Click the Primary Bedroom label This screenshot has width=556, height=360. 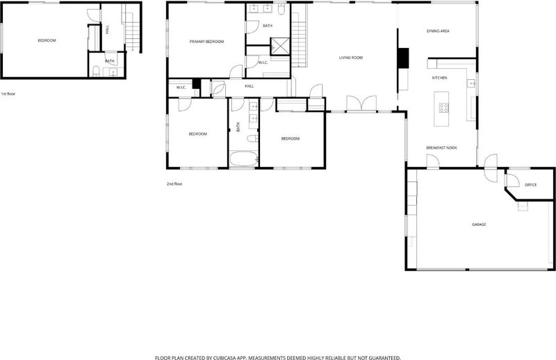[206, 42]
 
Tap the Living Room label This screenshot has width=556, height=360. [351, 58]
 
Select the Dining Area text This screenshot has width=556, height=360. [438, 31]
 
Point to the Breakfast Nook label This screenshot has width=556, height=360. [441, 147]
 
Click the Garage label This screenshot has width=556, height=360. [479, 224]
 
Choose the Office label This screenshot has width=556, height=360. [530, 185]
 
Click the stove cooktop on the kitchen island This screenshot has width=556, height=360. [443, 108]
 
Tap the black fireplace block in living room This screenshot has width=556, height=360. [403, 58]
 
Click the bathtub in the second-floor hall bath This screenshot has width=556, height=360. [244, 158]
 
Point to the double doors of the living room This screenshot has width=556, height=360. [361, 104]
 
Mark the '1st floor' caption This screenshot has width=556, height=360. [8, 94]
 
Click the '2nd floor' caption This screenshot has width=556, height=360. [174, 184]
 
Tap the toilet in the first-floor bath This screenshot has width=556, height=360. [96, 72]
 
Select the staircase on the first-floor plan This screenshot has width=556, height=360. [132, 27]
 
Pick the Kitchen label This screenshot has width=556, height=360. [439, 78]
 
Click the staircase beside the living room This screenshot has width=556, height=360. [299, 35]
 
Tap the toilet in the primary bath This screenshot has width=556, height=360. [281, 9]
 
